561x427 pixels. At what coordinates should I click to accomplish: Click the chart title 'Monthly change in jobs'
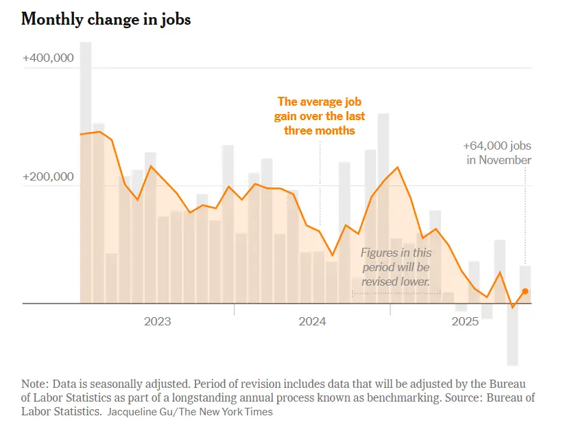click(106, 19)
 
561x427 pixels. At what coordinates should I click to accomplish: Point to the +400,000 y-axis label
click(48, 58)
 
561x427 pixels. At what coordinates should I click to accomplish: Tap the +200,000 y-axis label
click(48, 176)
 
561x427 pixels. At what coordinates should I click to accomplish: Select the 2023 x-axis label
click(157, 321)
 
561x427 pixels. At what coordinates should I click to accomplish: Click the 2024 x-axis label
click(312, 321)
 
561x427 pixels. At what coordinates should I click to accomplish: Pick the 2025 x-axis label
click(467, 321)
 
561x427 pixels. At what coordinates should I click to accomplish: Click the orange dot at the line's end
click(525, 291)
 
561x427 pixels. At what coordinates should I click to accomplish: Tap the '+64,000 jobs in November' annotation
click(498, 153)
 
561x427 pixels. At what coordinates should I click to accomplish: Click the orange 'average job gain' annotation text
click(320, 116)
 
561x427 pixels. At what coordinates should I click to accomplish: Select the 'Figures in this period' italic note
click(396, 266)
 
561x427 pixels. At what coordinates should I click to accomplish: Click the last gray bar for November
click(525, 283)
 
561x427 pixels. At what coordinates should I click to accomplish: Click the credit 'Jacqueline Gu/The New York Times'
click(190, 412)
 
